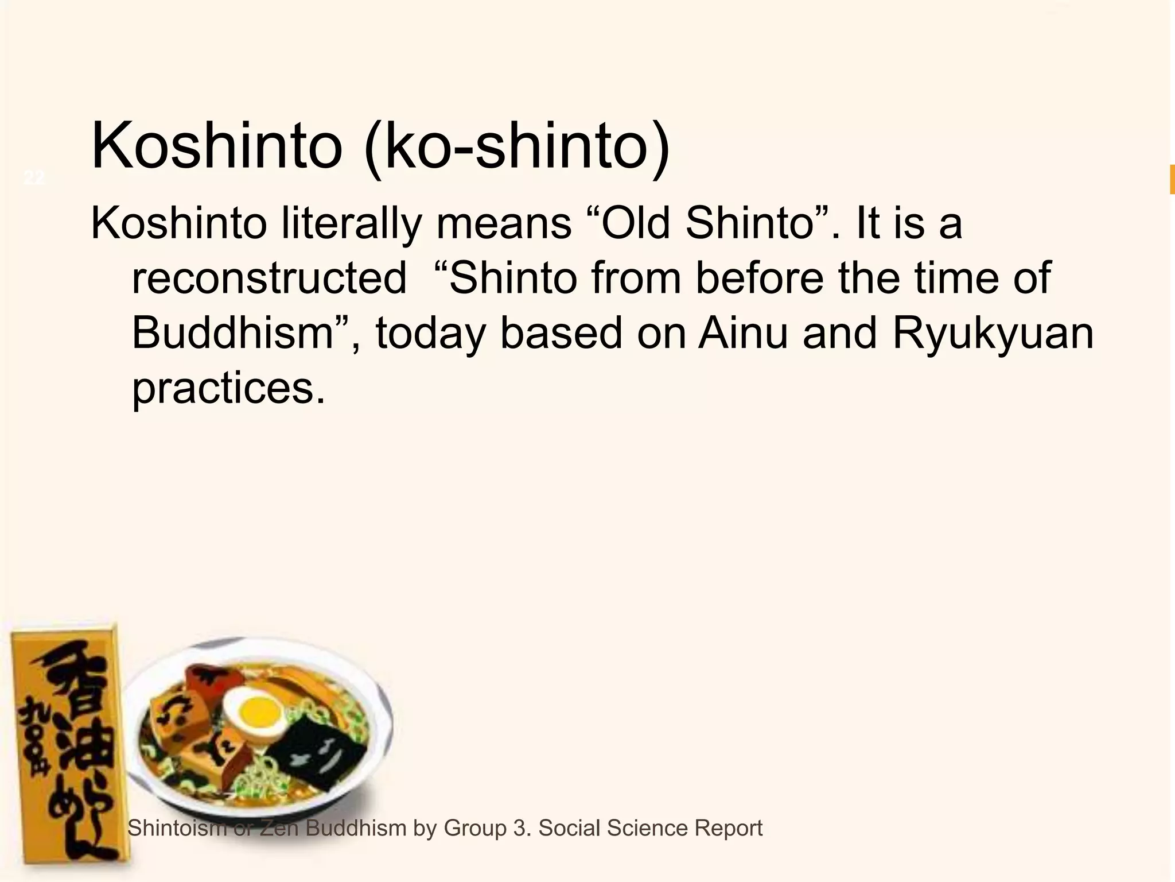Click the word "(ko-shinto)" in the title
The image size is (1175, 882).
516,146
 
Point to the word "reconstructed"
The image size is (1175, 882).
269,278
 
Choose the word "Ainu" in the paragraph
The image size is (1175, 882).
743,333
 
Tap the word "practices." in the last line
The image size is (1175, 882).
228,388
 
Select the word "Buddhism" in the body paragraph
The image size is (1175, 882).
232,333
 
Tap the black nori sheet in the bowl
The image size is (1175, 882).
315,753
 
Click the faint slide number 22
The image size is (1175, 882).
34,178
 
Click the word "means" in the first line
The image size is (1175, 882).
503,223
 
